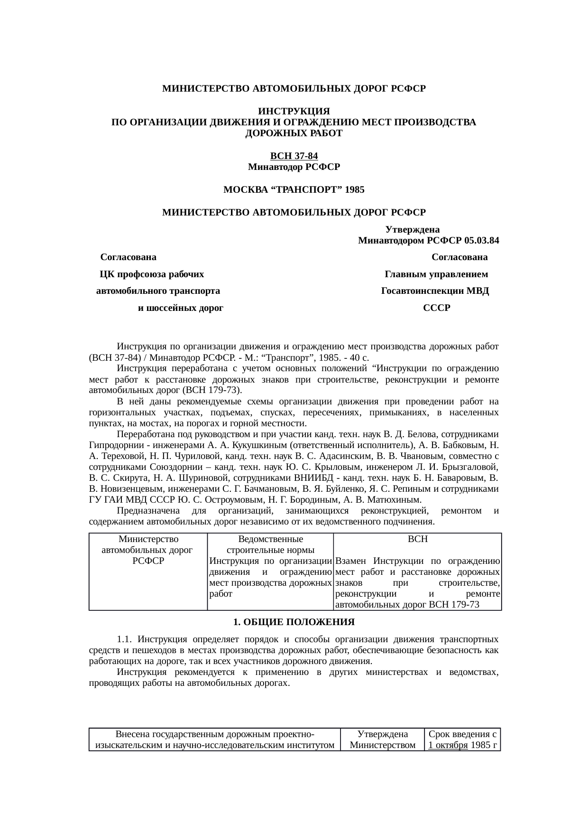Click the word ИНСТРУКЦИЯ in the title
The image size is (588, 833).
pos(294,112)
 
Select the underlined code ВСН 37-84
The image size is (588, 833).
pos(294,156)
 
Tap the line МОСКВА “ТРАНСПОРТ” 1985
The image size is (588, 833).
pos(294,190)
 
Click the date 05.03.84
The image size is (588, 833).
pos(482,241)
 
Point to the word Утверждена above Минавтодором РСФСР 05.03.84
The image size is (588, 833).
pos(413,230)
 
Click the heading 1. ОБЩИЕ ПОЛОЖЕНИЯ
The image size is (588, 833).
pos(294,622)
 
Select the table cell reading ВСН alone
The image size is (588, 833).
pos(418,539)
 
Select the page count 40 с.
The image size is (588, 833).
pos(360,357)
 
